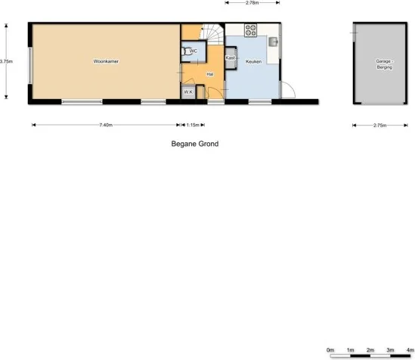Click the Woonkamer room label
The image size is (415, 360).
tap(106, 61)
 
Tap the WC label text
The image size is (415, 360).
tap(194, 51)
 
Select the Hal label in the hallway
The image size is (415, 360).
tap(209, 74)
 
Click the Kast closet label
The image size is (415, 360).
tap(231, 57)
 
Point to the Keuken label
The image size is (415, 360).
tap(253, 61)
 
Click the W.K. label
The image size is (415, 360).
tap(187, 92)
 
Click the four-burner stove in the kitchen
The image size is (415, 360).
tap(251, 30)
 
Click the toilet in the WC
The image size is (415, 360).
tap(187, 51)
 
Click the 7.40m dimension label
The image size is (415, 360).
tap(106, 126)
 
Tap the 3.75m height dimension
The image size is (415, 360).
tap(6, 61)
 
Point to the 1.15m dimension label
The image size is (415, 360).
tap(192, 126)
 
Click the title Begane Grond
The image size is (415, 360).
tap(195, 142)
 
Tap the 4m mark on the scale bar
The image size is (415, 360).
tap(410, 350)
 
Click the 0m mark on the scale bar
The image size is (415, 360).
tap(330, 350)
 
